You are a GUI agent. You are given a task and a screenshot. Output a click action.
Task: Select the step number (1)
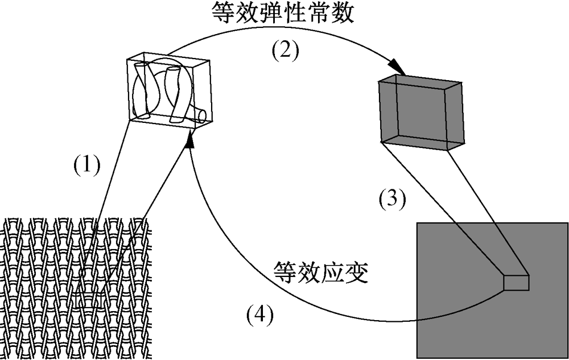pyautogui.click(x=87, y=165)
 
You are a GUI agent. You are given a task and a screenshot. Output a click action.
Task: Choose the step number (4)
pyautogui.click(x=259, y=314)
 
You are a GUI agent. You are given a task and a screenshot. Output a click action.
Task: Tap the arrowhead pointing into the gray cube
pyautogui.click(x=398, y=71)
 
